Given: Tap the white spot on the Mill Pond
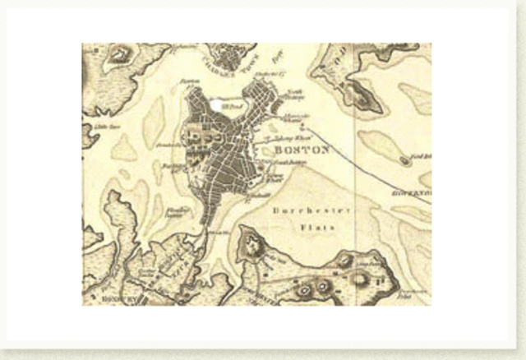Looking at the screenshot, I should tap(216, 104).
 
